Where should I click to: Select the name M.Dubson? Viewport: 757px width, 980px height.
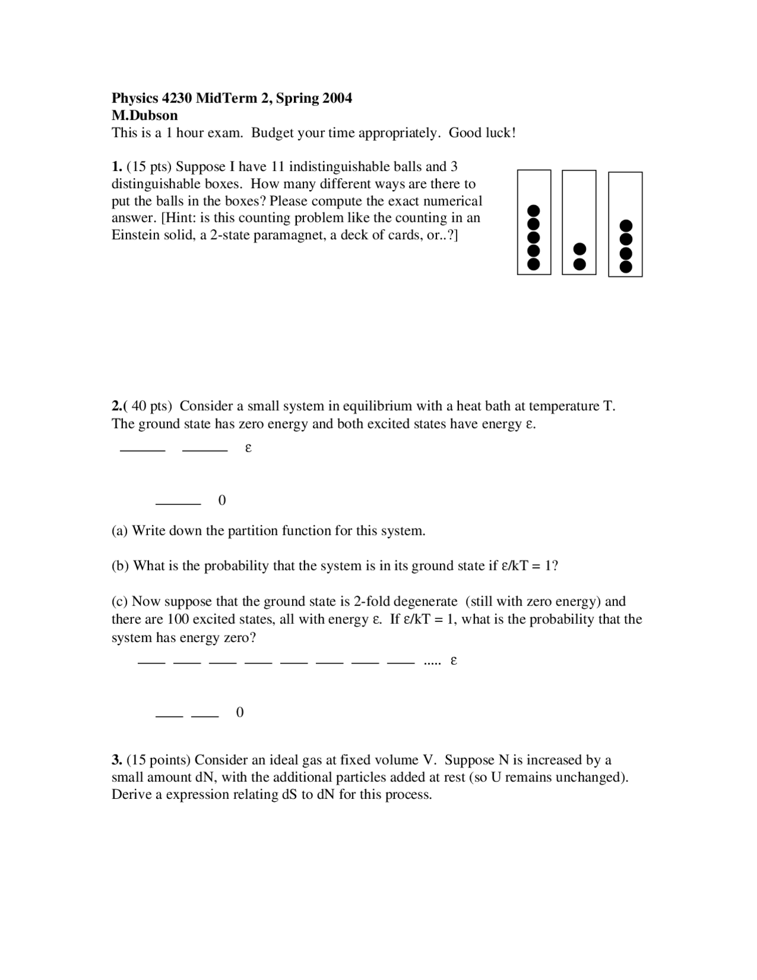tap(145, 115)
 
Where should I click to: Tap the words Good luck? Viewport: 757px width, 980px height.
tap(482, 133)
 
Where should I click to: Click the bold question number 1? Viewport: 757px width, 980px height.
tap(117, 167)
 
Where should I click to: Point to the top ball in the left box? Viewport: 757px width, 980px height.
tap(533, 211)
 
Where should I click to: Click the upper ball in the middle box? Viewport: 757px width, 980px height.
tap(580, 249)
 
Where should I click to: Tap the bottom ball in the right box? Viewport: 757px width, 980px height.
tap(626, 267)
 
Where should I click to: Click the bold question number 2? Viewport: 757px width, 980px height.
tap(117, 407)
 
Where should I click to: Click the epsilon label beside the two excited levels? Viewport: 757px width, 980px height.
tap(248, 448)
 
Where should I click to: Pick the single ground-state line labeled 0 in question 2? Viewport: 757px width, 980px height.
tap(178, 504)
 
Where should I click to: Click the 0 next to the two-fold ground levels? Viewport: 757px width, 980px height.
tap(240, 713)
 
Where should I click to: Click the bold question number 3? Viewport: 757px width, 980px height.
tap(117, 760)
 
